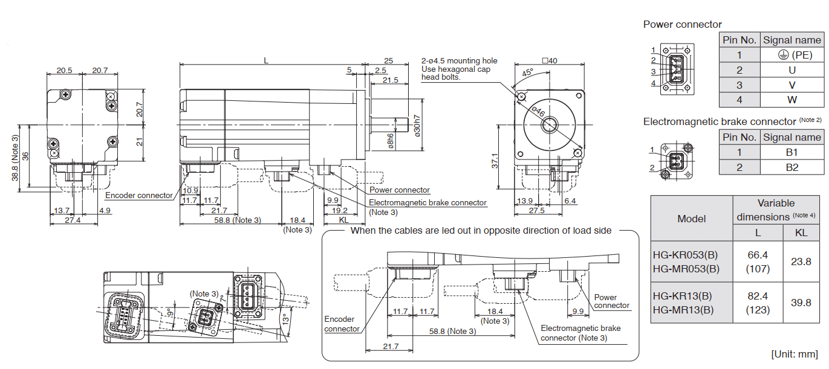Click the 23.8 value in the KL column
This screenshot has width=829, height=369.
[x=801, y=262]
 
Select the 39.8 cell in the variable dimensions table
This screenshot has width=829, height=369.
[x=801, y=303]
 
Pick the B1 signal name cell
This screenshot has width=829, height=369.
[x=792, y=152]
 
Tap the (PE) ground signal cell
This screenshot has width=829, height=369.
[x=792, y=55]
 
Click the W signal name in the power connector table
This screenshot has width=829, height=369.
[x=792, y=100]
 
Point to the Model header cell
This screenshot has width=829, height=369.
[x=691, y=219]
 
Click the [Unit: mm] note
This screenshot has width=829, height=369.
[x=794, y=353]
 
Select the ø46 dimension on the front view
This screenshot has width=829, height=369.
[x=537, y=111]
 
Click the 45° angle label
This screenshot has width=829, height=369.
[x=527, y=74]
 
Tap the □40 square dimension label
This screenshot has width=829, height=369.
[x=550, y=60]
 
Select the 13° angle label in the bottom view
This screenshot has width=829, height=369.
[x=284, y=319]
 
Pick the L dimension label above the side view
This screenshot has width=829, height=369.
[x=266, y=60]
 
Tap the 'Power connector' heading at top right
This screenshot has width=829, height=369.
[x=682, y=24]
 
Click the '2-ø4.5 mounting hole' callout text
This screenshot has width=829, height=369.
[x=459, y=60]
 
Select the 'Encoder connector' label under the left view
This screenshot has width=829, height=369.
[x=138, y=195]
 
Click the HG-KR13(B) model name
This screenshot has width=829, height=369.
[x=682, y=297]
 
